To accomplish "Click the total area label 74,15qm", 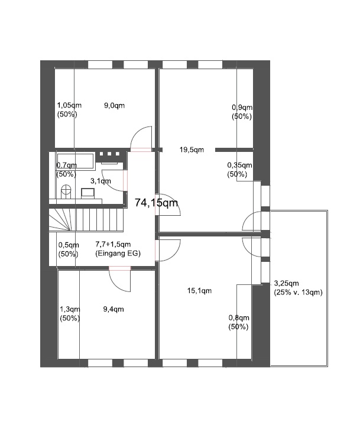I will [156, 203].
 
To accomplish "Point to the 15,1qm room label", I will [199, 291].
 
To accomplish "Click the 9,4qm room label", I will [113, 309].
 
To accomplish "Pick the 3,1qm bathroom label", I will [100, 181].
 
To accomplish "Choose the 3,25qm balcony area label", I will [287, 283].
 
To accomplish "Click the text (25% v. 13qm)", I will [299, 293].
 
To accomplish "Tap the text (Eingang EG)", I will [118, 253].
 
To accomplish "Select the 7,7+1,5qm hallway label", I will [113, 244].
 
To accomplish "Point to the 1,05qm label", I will [69, 106].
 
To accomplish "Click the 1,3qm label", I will [70, 309].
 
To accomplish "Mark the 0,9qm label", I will [242, 108].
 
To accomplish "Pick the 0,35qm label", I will [240, 166].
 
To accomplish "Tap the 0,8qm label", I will [238, 318].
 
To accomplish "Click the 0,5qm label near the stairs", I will [69, 245].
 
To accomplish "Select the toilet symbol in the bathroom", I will [66, 191].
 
